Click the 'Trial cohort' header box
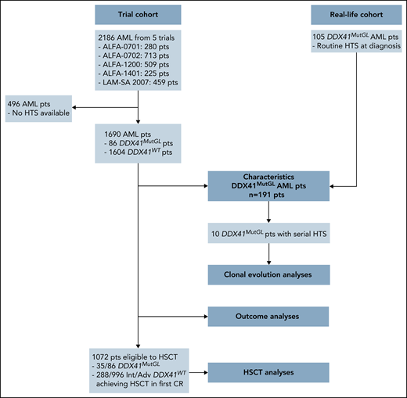[x=138, y=14]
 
